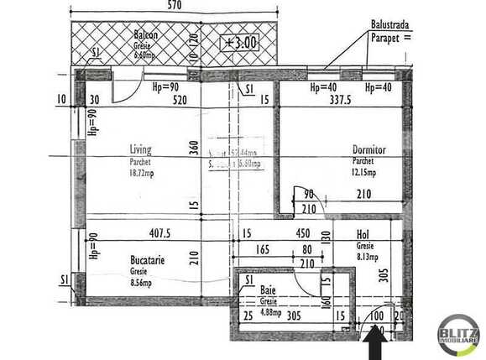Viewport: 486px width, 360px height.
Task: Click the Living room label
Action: tap(141, 150)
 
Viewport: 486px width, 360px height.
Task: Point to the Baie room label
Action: tap(268, 290)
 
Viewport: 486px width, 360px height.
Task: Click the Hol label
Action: tap(363, 236)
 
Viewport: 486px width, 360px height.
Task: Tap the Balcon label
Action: tap(146, 35)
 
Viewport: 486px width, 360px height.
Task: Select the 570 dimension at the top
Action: tap(174, 5)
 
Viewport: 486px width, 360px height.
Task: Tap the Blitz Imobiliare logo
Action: tap(458, 336)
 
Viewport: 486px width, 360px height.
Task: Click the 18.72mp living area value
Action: tap(143, 173)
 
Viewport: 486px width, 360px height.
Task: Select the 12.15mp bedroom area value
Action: tap(365, 173)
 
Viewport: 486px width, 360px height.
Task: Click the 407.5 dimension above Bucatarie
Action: tap(159, 233)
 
